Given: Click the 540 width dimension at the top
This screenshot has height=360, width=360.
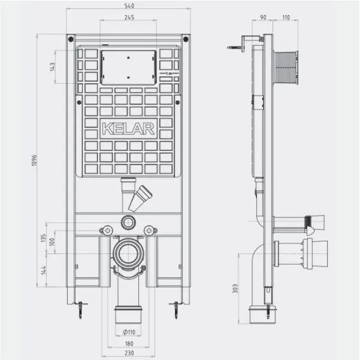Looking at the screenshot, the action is pos(129,6).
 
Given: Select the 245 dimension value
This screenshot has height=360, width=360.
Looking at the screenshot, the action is pos(129,17).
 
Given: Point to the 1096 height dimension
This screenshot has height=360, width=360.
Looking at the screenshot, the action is pos(34,161).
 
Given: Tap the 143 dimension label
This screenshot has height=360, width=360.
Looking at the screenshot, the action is pos(52,67).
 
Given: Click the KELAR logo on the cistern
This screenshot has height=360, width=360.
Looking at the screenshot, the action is pos(128,129).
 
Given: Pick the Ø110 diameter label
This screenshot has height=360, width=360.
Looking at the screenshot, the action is pos(129,332).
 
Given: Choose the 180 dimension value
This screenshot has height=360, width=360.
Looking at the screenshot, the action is pos(129,344).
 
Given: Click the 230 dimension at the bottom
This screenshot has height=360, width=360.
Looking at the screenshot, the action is pos(129,353).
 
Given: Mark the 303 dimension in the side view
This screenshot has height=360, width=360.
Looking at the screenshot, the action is pos(235,289).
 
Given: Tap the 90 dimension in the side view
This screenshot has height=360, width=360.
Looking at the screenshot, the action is pos(263,17).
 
